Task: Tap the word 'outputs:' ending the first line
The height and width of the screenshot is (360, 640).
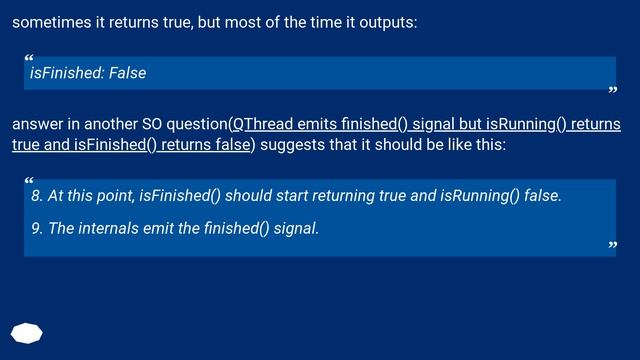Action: coord(387,22)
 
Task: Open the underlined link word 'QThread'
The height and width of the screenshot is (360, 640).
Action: coord(263,125)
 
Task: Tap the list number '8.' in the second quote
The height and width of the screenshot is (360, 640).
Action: coord(37,195)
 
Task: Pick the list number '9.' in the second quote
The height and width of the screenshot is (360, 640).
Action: coord(37,228)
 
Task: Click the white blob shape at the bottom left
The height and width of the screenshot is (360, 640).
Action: coord(27,333)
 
